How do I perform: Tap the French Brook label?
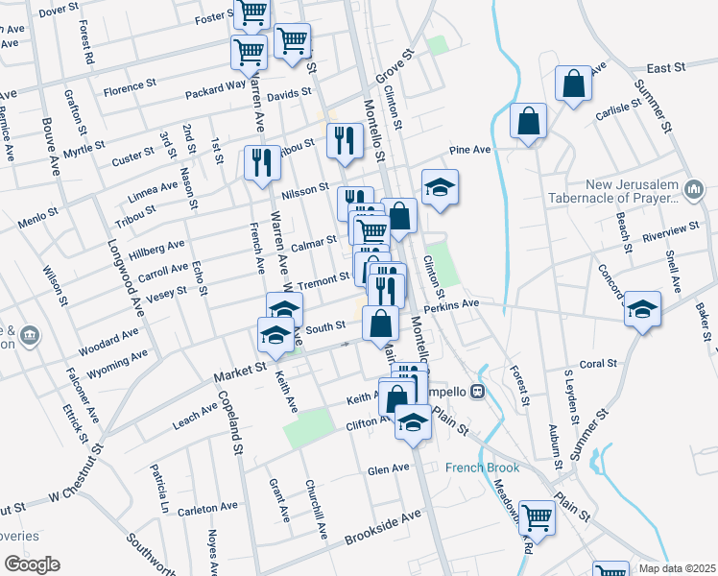(482, 468)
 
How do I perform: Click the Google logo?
(32, 564)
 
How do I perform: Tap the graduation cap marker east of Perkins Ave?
(642, 311)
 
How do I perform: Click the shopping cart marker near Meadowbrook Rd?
(537, 518)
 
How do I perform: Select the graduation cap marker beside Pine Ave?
(440, 189)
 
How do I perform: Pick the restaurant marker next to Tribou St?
(344, 141)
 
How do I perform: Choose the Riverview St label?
(672, 231)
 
